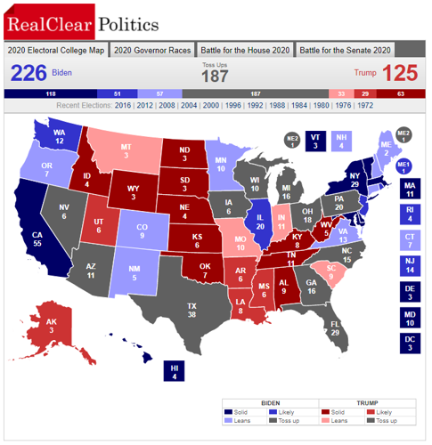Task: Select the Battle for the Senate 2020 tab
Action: tap(346, 50)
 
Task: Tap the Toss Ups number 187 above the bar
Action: tap(214, 77)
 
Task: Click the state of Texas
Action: tap(192, 307)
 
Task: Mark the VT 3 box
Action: tap(314, 141)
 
